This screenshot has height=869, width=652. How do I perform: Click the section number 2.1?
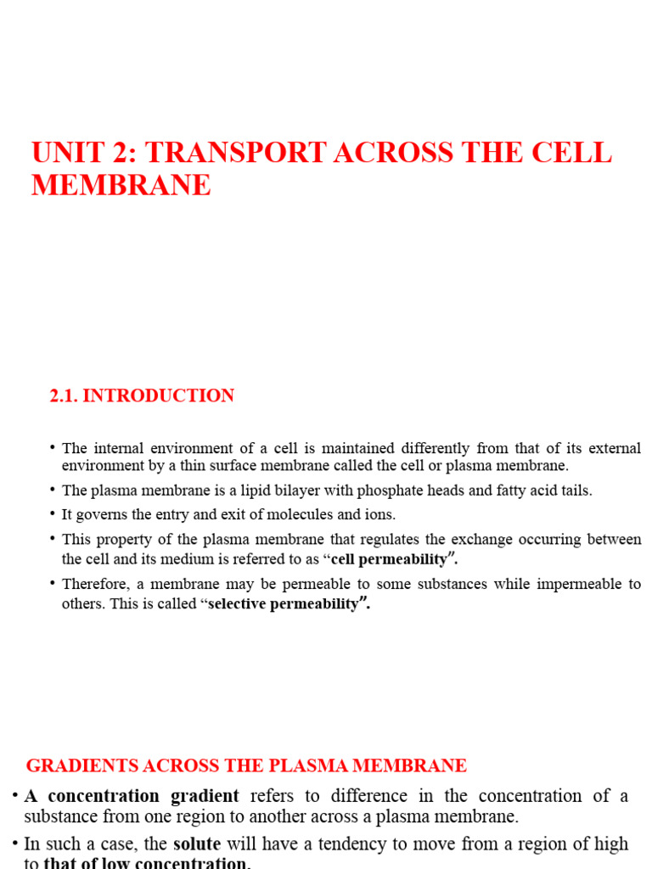pyautogui.click(x=66, y=396)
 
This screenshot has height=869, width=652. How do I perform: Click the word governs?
pyautogui.click(x=103, y=515)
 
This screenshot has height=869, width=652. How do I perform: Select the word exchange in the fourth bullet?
pyautogui.click(x=486, y=540)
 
